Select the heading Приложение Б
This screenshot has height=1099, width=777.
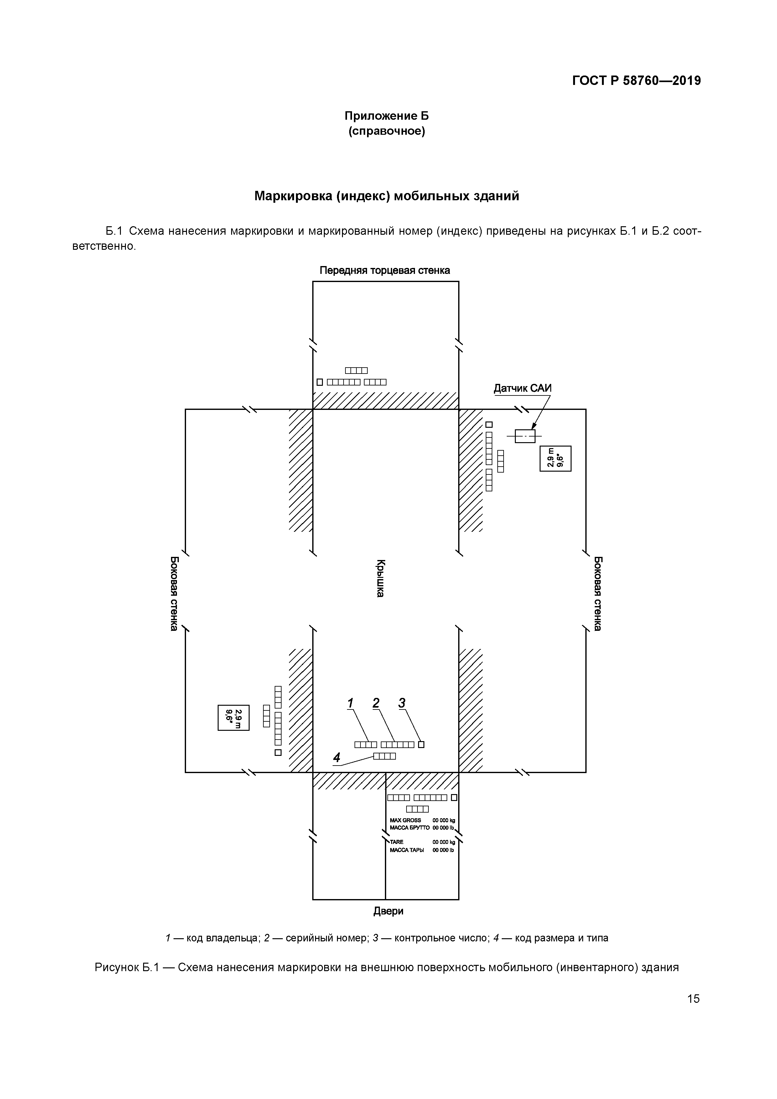(x=386, y=116)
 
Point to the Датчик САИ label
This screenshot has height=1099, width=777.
(x=522, y=388)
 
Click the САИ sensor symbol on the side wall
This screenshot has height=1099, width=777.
(x=525, y=436)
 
